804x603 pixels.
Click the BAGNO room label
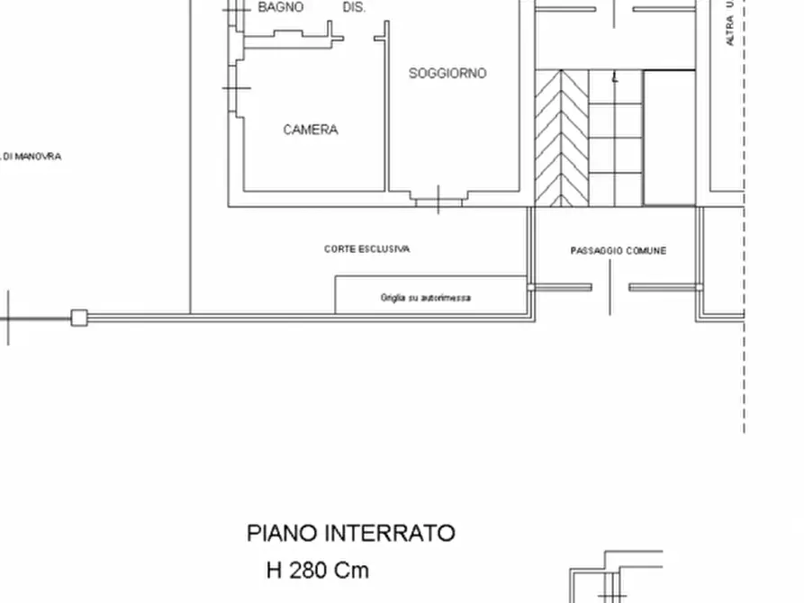click(x=281, y=7)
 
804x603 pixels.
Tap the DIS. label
click(x=354, y=7)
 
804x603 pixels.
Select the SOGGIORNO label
click(x=447, y=73)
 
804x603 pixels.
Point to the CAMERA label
click(x=311, y=130)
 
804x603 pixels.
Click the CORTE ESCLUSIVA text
click(x=366, y=249)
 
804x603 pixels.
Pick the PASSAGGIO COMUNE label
click(x=619, y=251)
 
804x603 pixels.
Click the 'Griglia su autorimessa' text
click(x=425, y=298)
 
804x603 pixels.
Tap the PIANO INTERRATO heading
click(x=351, y=534)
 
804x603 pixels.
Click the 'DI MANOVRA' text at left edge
click(x=31, y=157)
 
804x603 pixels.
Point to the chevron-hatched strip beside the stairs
click(x=561, y=138)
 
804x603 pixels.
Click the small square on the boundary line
click(x=79, y=317)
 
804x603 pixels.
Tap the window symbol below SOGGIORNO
click(x=438, y=199)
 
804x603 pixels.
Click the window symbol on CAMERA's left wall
click(x=236, y=89)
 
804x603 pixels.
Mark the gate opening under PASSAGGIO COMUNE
click(x=610, y=288)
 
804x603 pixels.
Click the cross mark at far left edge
click(x=9, y=318)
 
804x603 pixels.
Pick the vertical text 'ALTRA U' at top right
click(x=730, y=22)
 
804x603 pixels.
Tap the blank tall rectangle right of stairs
click(x=669, y=138)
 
